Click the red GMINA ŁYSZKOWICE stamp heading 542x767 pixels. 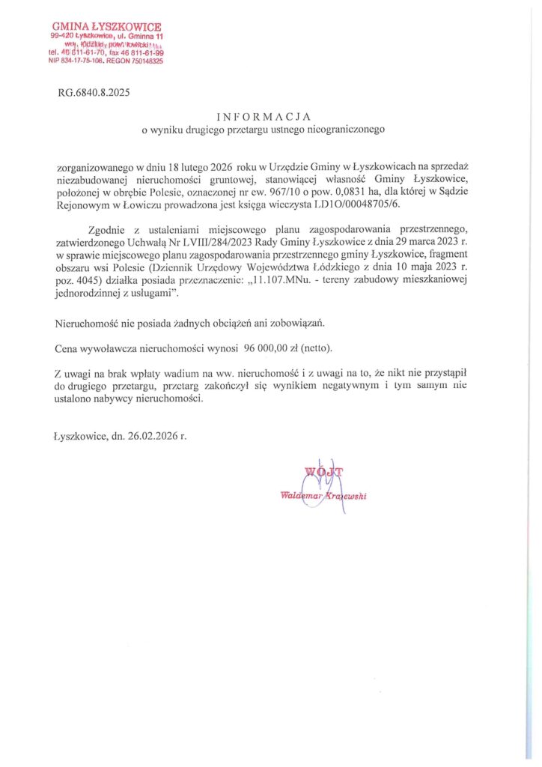pyautogui.click(x=106, y=27)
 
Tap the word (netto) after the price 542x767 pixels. pyautogui.click(x=317, y=349)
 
